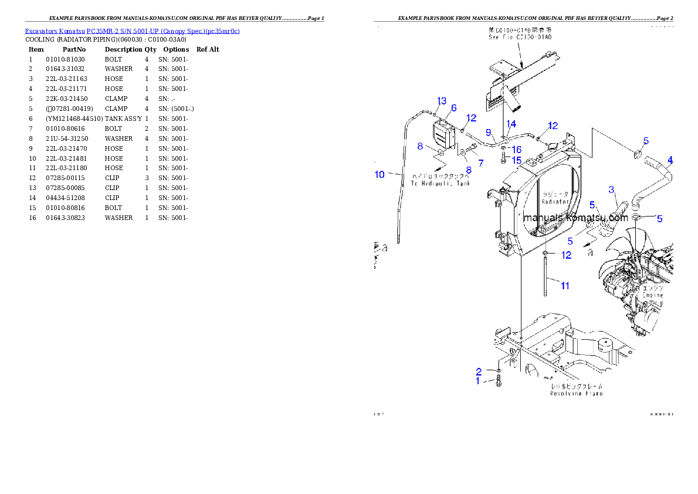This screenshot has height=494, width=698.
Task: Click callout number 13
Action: [442, 101]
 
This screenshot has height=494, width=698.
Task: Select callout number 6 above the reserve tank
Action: [453, 108]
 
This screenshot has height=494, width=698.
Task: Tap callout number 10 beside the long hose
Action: [380, 174]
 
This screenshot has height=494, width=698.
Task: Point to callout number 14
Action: [511, 124]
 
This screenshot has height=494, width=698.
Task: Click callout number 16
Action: [517, 150]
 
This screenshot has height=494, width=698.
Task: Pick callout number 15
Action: [517, 160]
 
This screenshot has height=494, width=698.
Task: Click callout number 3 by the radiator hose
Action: [611, 189]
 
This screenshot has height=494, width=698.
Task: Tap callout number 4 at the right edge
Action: [670, 160]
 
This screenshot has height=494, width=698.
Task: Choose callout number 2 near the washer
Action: [479, 371]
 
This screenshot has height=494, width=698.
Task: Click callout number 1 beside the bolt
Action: [478, 381]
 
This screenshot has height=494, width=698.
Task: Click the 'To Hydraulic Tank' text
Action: [440, 180]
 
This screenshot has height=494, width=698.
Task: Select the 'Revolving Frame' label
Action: [576, 390]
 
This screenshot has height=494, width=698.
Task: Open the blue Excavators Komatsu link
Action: [132, 31]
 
